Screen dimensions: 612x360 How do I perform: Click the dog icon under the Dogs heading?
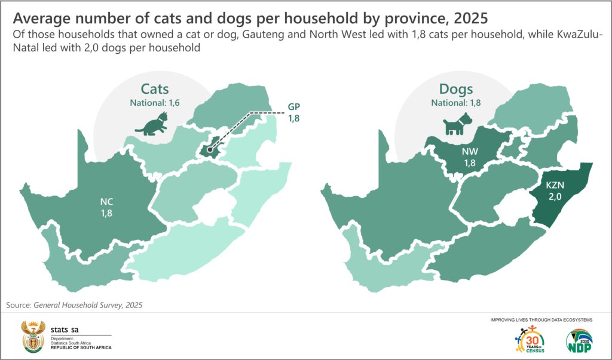[457, 124]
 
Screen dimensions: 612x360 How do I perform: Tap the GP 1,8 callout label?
[294, 112]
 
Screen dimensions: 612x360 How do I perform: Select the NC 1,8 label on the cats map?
[106, 208]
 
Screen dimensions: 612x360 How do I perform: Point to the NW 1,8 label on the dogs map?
[470, 157]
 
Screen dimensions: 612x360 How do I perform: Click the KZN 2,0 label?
[555, 191]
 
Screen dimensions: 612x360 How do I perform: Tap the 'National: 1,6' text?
[155, 103]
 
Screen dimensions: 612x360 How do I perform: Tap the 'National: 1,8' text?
[456, 103]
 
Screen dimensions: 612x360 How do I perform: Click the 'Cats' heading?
[155, 89]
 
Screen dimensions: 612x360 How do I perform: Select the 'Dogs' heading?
[456, 89]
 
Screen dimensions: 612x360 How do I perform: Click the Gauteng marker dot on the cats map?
[210, 149]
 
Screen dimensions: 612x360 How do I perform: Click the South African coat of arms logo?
[33, 337]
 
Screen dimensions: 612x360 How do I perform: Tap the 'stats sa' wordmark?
[65, 330]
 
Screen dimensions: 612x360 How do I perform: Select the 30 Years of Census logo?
[530, 339]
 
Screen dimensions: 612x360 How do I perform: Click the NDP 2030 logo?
[579, 340]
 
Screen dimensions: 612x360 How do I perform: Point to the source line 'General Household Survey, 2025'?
[88, 306]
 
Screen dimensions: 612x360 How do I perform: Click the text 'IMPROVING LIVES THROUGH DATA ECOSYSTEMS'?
[541, 320]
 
